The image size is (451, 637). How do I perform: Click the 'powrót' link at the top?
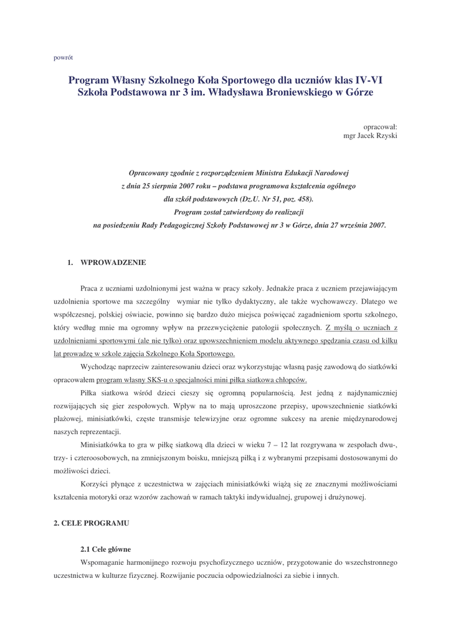pyautogui.click(x=64, y=57)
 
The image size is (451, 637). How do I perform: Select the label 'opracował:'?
pyautogui.click(x=380, y=126)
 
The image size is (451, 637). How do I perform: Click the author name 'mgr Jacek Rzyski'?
pyautogui.click(x=371, y=135)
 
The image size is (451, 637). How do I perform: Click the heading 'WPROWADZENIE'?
pyautogui.click(x=113, y=263)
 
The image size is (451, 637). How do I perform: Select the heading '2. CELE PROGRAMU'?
pyautogui.click(x=92, y=523)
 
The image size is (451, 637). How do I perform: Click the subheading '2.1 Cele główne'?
pyautogui.click(x=105, y=549)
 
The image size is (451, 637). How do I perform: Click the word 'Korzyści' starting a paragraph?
pyautogui.click(x=95, y=483)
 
